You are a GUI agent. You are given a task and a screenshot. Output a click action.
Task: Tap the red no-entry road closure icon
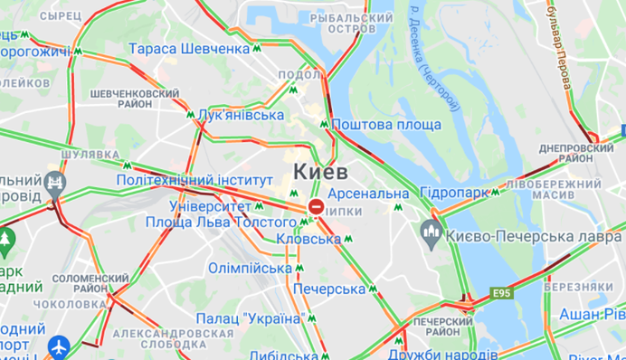click(x=316, y=208)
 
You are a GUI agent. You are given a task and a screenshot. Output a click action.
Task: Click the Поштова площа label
click(x=386, y=125)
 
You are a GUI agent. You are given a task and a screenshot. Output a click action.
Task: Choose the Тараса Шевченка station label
click(x=189, y=48)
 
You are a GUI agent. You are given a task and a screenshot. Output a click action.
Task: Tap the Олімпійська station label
click(x=250, y=268)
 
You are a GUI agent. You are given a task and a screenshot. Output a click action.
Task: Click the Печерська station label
click(x=328, y=289)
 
